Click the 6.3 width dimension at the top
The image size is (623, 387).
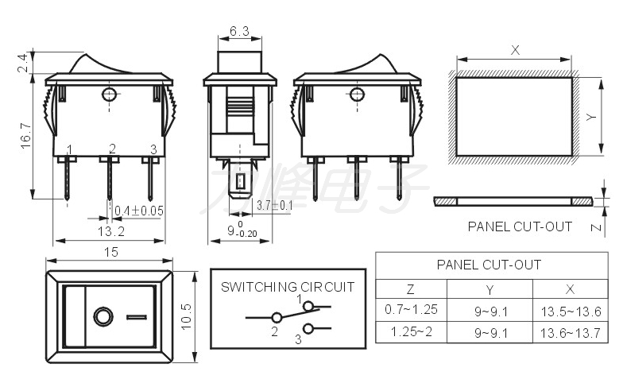tap(240, 31)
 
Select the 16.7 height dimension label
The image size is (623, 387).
tap(25, 136)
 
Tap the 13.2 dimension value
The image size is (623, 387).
tap(111, 231)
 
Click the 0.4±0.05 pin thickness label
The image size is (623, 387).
tap(138, 211)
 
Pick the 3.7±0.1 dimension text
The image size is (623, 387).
tap(275, 205)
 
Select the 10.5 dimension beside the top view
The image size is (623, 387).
tap(186, 316)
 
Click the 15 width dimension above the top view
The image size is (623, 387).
tap(111, 252)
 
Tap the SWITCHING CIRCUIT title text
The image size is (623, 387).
tap(288, 287)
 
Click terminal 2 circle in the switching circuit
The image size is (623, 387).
tap(277, 318)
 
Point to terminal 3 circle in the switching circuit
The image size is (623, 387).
tap(308, 329)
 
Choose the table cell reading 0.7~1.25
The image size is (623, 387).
tap(411, 309)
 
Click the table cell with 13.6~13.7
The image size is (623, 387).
tap(571, 332)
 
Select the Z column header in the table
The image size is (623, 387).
tap(410, 289)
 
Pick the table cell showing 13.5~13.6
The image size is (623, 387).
tap(571, 312)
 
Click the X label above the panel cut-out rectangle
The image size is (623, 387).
tap(515, 50)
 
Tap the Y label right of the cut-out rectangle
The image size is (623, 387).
tap(591, 117)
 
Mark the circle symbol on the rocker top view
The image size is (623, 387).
tap(103, 316)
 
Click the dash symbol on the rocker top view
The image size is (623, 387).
tap(137, 317)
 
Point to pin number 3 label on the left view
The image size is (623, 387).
tap(153, 149)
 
